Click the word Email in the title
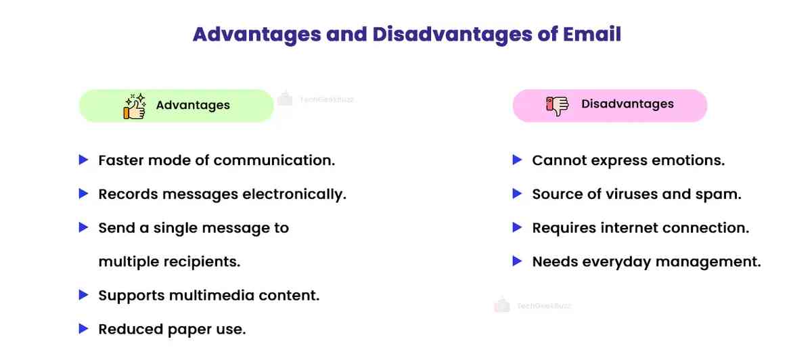tap(591, 34)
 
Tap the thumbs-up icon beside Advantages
tap(135, 106)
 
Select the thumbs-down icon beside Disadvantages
tap(558, 106)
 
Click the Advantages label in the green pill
tap(193, 106)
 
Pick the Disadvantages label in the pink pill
tap(627, 104)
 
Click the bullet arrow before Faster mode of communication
tap(84, 160)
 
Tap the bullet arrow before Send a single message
tap(84, 228)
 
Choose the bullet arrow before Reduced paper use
tap(84, 329)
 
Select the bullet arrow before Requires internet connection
tap(518, 227)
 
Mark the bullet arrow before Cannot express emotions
tap(518, 160)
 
